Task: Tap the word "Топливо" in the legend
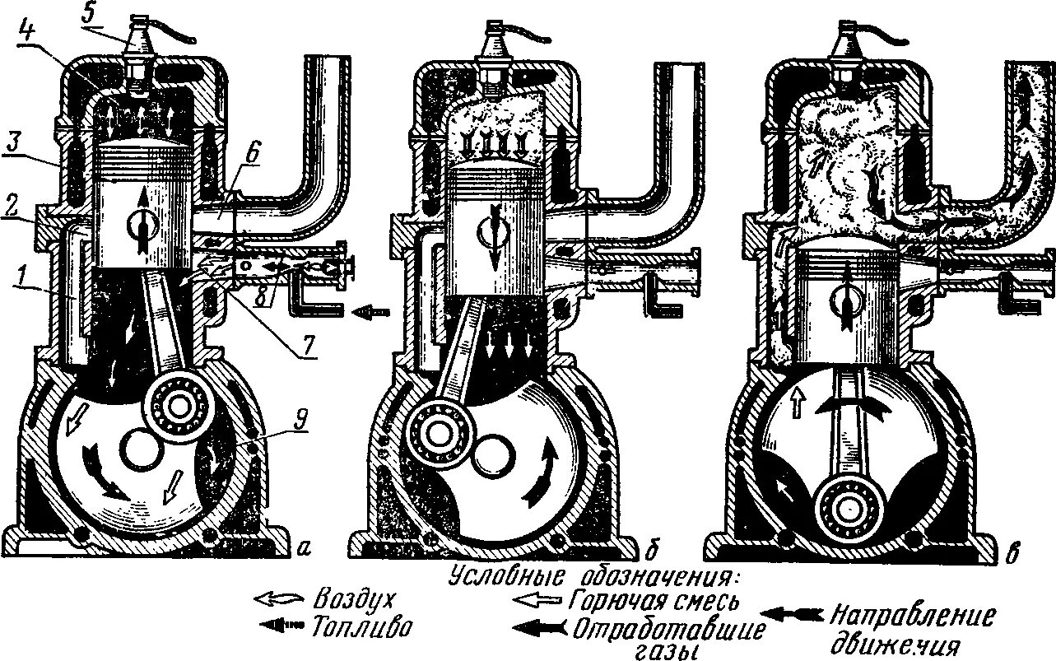tap(361, 628)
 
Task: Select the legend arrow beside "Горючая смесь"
tap(536, 598)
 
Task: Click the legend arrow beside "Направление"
tap(791, 614)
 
